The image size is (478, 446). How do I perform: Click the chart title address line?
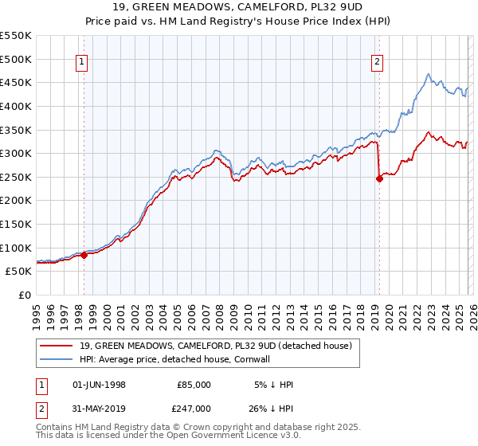[x=238, y=6]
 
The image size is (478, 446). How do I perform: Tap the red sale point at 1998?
[x=84, y=255]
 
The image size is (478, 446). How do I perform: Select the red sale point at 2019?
[x=379, y=178]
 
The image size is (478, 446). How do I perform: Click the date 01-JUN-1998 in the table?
[x=99, y=384]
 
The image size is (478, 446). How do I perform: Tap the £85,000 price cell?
[x=194, y=384]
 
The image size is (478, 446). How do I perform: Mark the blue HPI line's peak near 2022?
[x=428, y=75]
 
